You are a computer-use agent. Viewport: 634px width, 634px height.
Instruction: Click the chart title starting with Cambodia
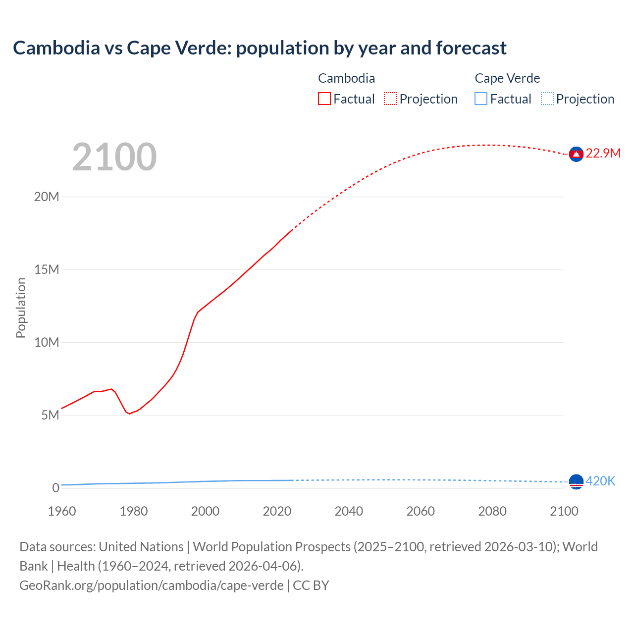(260, 48)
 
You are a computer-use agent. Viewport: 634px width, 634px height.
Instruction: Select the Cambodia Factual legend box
(324, 99)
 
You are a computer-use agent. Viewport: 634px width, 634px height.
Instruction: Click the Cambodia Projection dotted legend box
(390, 99)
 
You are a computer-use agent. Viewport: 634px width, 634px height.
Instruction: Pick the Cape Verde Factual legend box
(481, 99)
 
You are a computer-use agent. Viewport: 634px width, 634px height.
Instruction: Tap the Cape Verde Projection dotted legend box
(547, 99)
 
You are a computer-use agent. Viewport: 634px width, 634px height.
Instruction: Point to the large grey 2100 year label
(114, 157)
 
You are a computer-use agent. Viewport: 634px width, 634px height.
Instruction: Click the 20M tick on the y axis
(47, 197)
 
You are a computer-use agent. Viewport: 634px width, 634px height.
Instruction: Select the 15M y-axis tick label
(47, 269)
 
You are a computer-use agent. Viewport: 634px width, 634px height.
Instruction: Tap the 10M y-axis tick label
(47, 342)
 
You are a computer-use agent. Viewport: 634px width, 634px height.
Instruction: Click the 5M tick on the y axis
(50, 415)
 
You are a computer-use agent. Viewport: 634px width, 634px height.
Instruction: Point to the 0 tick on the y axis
(55, 488)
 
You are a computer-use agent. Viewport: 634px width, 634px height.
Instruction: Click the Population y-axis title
(21, 308)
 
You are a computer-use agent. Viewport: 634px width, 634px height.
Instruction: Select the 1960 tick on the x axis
(62, 511)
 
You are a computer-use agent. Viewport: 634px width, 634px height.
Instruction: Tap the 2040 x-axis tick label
(349, 511)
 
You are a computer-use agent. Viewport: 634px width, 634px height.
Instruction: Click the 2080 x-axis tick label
(492, 511)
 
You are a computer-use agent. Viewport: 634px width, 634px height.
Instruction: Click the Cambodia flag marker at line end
(576, 155)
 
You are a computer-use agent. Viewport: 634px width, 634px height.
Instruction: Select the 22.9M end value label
(603, 154)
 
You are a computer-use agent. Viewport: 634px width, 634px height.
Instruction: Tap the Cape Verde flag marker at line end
(576, 481)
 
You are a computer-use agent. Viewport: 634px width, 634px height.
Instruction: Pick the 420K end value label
(600, 481)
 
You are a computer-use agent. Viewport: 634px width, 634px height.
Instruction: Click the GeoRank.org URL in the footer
(152, 585)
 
